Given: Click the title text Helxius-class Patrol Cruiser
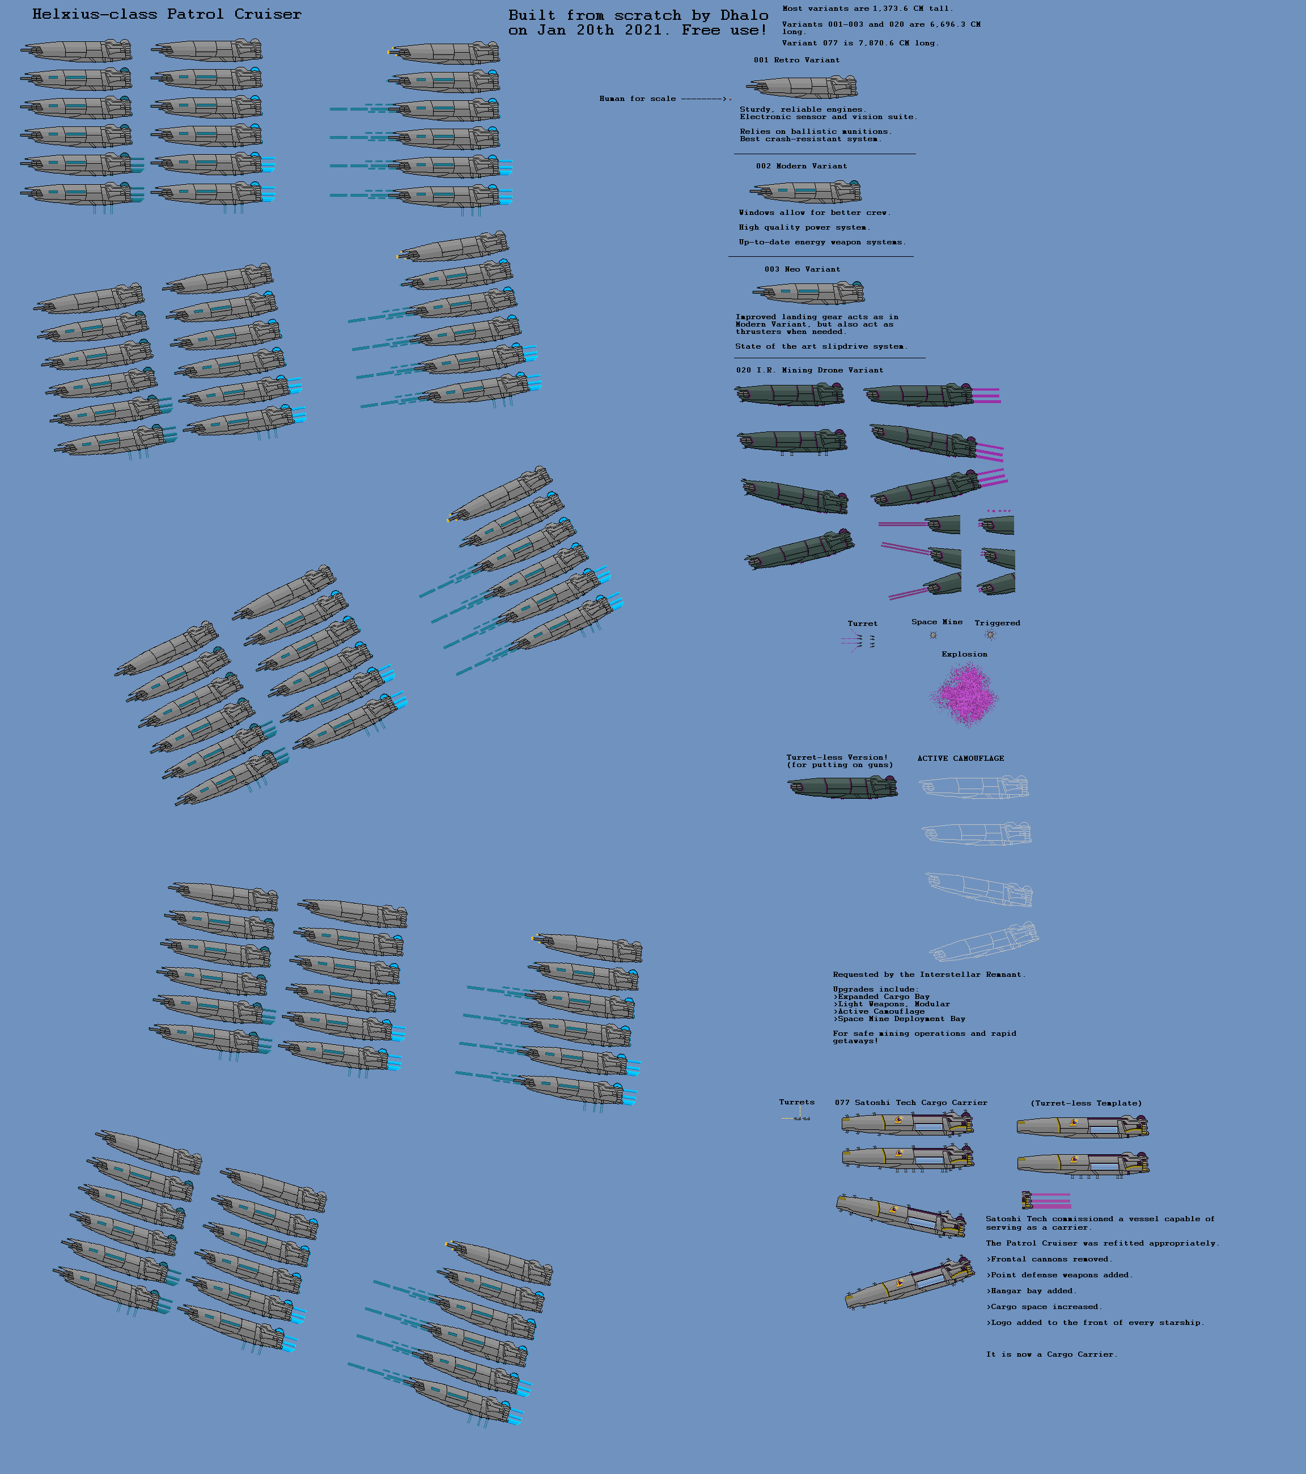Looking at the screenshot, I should coord(167,14).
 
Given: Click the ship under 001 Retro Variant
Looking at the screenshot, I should coord(803,87).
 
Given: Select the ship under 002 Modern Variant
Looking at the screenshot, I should coord(805,191).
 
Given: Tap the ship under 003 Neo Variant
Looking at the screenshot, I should coord(808,293).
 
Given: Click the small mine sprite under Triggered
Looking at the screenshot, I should coord(990,634).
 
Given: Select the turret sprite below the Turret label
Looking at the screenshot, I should coord(859,641).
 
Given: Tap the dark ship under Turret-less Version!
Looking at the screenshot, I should coord(842,787).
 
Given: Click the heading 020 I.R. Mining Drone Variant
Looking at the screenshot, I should coord(809,370).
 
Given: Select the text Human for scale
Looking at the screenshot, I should coord(638,99).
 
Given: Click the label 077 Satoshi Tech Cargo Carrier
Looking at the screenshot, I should coord(911,1103).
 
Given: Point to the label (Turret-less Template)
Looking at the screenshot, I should coord(1085,1103).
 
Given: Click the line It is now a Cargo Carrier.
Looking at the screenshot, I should coord(1051,1354).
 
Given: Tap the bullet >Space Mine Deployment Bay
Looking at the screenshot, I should coord(898,1019).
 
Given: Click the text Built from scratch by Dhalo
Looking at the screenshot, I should coord(638,15).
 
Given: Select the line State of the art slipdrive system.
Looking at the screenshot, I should coord(821,346).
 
